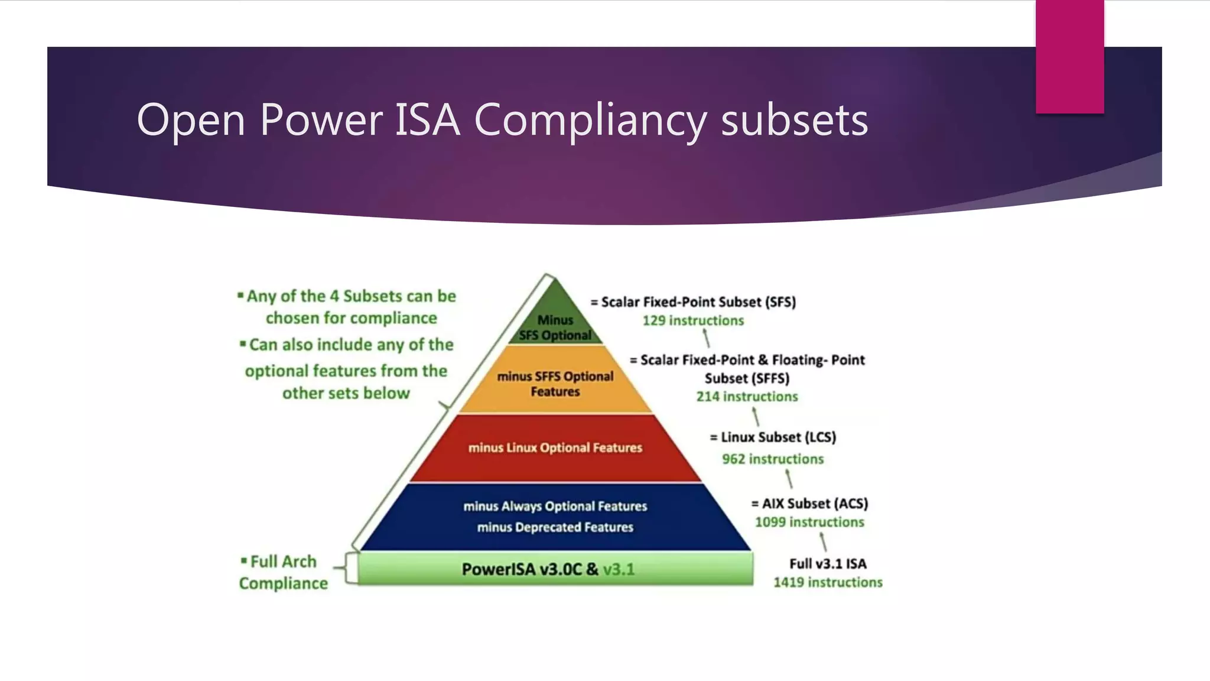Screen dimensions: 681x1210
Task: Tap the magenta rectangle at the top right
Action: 1069,57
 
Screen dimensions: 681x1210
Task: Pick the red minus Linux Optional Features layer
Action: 555,448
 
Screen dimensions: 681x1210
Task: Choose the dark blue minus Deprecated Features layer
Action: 555,527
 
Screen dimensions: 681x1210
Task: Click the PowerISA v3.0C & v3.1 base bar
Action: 555,569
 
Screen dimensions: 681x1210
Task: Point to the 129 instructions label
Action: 693,320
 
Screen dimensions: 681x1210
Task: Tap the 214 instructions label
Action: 747,397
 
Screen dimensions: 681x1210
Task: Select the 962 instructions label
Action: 772,459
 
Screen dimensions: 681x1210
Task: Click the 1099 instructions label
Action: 809,522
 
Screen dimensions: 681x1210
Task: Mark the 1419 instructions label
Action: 828,582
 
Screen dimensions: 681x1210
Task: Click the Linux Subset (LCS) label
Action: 773,437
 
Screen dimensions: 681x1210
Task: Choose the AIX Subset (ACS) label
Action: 809,504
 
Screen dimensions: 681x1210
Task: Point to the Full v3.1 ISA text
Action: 828,564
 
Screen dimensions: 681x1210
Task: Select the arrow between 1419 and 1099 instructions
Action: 823,541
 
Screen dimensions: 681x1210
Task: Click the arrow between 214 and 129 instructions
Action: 706,339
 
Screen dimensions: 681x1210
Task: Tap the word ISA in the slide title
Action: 427,120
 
